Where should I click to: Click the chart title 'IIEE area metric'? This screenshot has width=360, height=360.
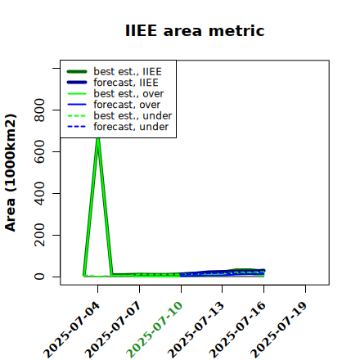point(195,30)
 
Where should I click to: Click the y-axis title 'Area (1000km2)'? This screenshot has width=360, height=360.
point(11,173)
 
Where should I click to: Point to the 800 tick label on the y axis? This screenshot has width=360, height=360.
point(39,110)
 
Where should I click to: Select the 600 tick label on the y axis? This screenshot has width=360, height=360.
point(39,151)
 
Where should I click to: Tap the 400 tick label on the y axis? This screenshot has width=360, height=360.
point(39,193)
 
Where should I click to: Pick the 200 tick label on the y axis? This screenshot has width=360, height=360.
point(39,235)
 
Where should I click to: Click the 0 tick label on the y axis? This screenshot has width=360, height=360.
point(39,277)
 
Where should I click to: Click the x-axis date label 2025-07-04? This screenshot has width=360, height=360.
point(71,330)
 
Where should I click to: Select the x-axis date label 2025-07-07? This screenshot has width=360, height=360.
point(113,330)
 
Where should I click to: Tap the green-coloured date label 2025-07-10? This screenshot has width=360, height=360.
point(155,330)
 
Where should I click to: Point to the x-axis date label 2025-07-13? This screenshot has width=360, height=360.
point(196,330)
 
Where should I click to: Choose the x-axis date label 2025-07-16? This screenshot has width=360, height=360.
point(237,330)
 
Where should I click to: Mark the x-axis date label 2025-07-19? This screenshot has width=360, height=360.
point(279,330)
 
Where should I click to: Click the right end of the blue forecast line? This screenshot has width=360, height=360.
point(263,271)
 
